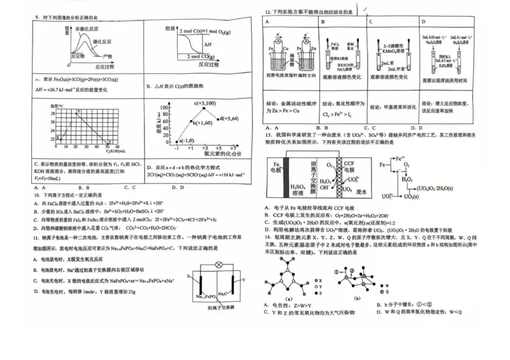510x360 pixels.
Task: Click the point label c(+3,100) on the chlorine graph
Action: click(x=203, y=103)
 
